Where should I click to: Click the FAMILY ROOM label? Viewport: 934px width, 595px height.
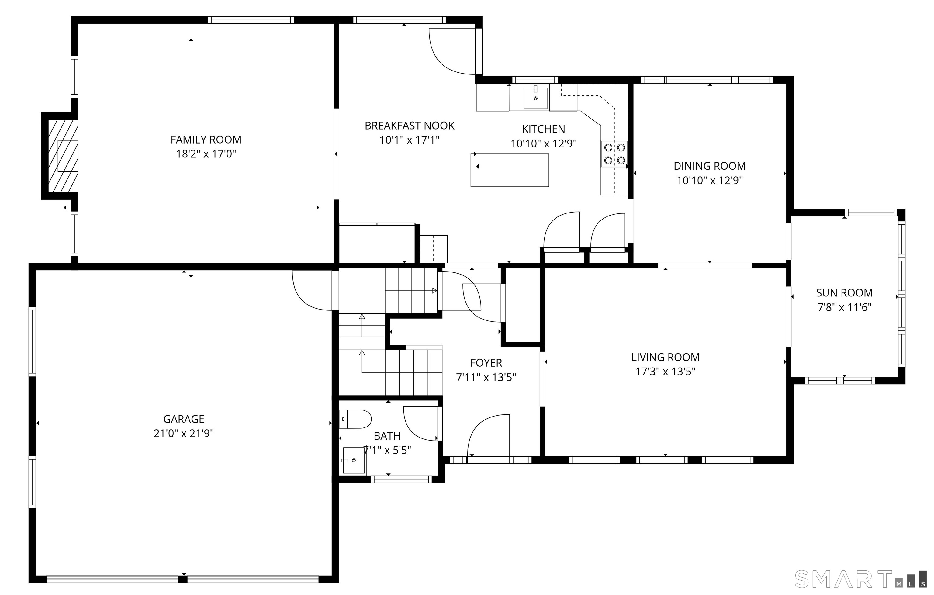pyautogui.click(x=206, y=140)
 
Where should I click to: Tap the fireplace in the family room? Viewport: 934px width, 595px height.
pyautogui.click(x=63, y=156)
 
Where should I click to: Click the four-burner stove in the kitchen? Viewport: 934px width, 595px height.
pyautogui.click(x=614, y=154)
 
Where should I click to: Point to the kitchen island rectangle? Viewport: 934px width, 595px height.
pyautogui.click(x=510, y=170)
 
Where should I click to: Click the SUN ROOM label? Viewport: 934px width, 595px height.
pyautogui.click(x=844, y=293)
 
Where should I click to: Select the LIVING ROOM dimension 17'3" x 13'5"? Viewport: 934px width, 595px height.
pyautogui.click(x=665, y=372)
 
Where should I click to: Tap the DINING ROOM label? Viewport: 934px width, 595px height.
pyautogui.click(x=709, y=166)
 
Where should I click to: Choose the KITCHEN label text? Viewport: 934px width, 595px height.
pyautogui.click(x=543, y=129)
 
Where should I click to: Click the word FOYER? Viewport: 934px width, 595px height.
pyautogui.click(x=486, y=363)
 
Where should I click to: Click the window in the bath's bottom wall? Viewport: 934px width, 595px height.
pyautogui.click(x=401, y=479)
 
